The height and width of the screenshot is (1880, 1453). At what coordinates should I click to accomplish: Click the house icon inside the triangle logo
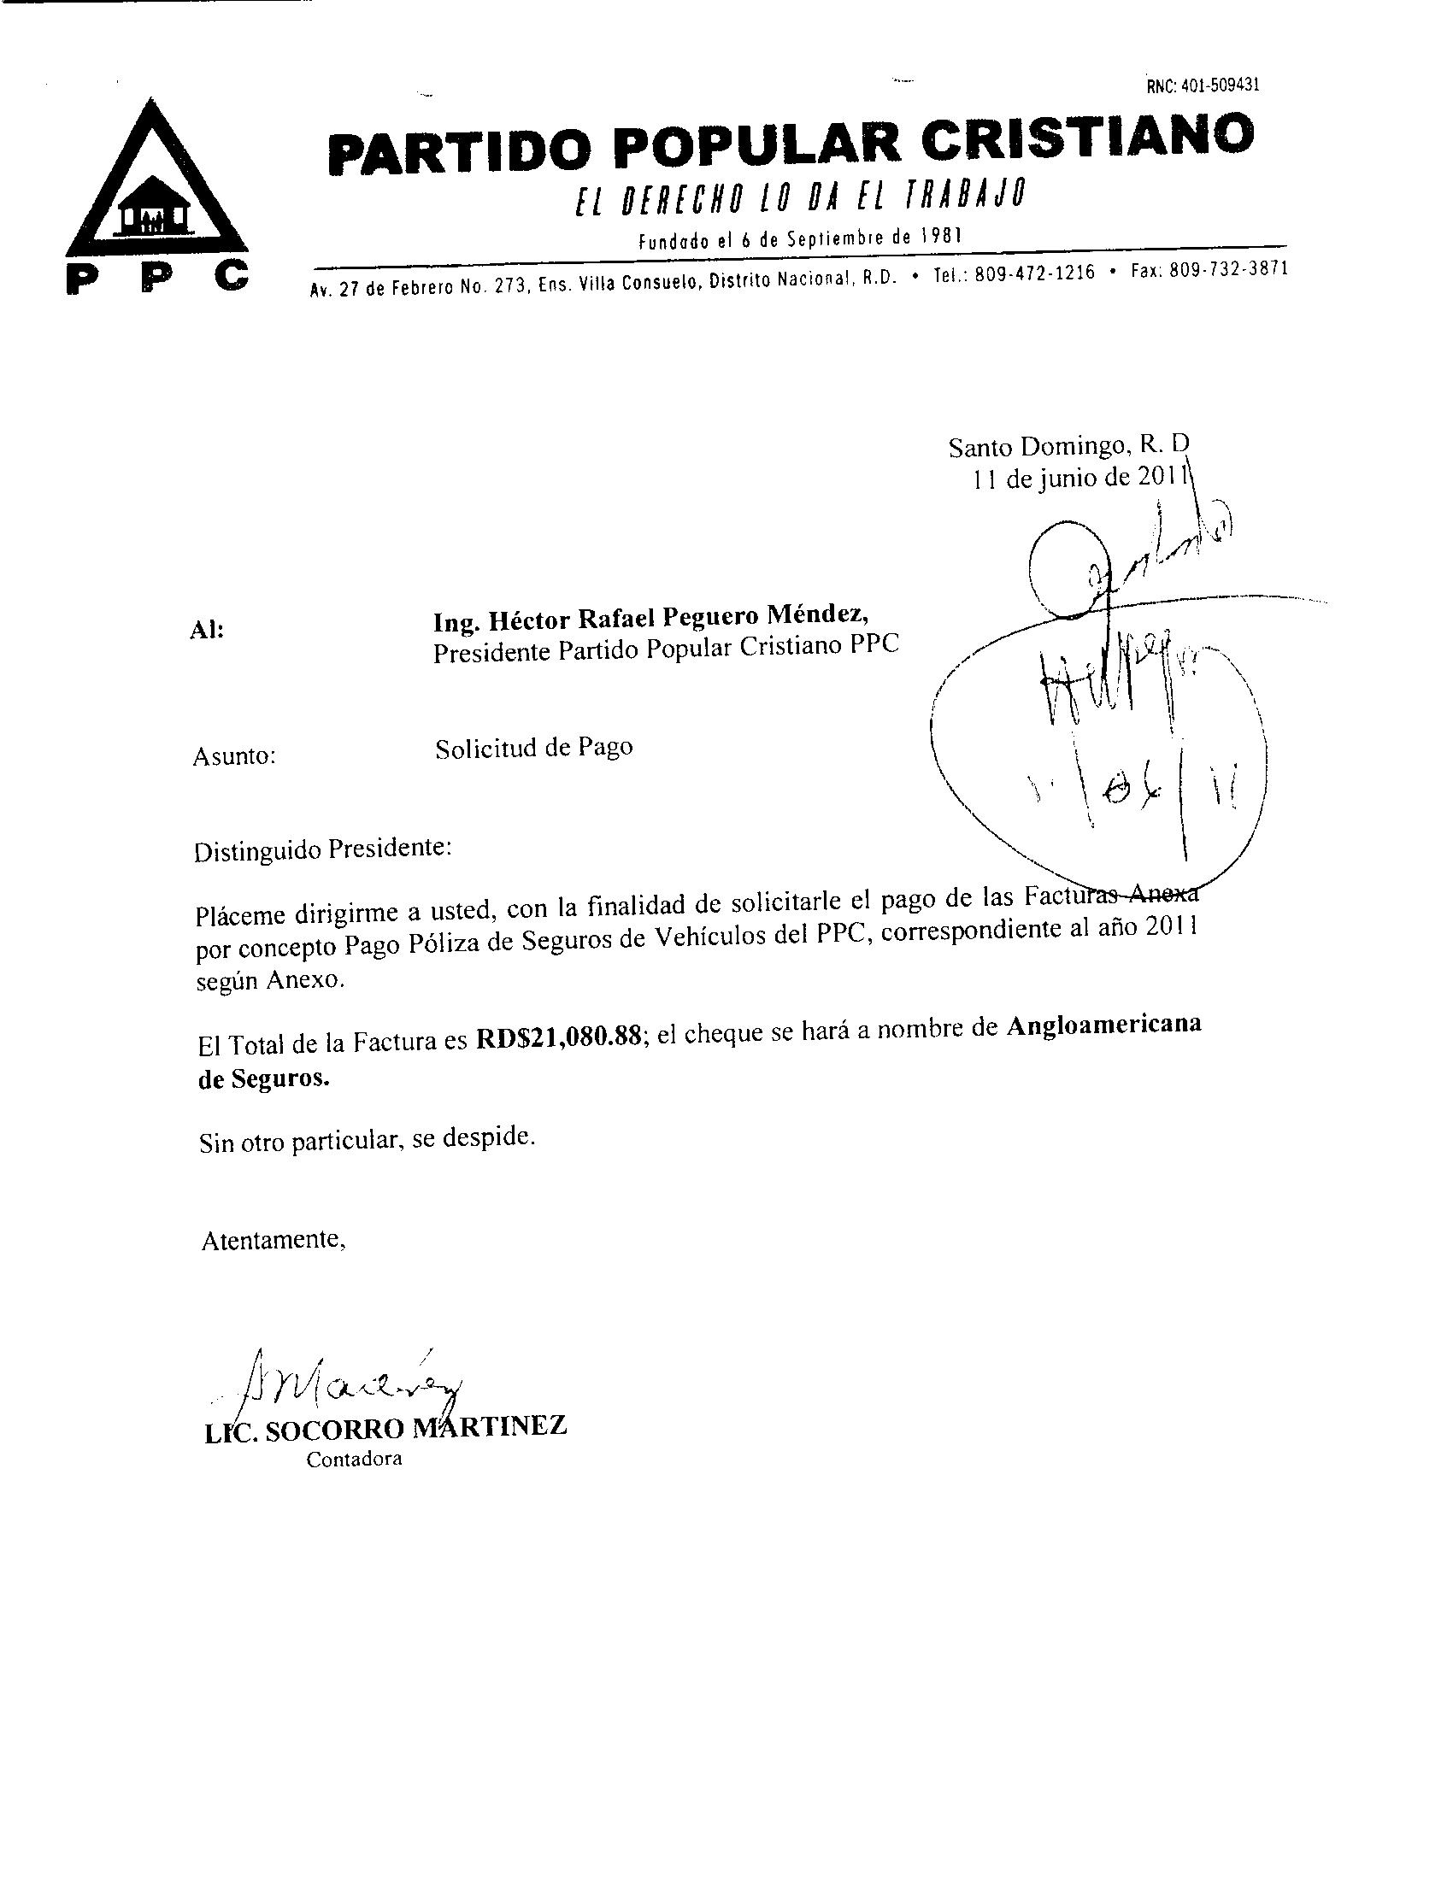pos(155,211)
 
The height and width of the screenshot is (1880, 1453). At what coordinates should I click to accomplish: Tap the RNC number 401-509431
pos(1203,85)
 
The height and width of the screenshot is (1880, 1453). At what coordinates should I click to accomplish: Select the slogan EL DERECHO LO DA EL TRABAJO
pos(801,199)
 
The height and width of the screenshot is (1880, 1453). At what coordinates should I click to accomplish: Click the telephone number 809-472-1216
pos(1036,273)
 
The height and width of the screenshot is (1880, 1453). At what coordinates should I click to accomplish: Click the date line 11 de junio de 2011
pos(1080,478)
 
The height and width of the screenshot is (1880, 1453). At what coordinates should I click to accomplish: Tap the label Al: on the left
pos(206,629)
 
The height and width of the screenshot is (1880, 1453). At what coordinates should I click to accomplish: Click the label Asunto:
pos(234,756)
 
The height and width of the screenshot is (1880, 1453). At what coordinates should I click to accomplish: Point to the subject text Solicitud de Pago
pos(533,748)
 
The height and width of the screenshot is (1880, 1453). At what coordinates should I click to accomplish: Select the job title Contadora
pos(355,1459)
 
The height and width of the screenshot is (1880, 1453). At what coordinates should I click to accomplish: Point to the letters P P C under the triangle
pos(157,278)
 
